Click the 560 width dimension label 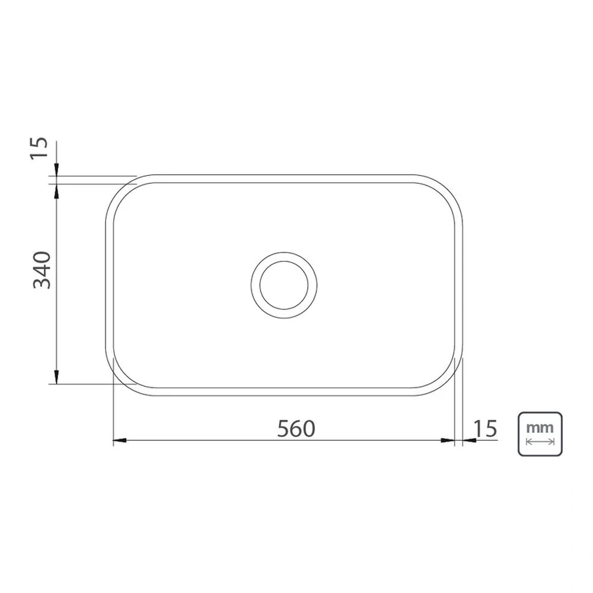tap(296, 429)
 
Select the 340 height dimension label tap(42, 270)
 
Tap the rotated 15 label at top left tap(39, 148)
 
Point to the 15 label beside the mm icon tap(485, 429)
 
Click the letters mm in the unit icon tap(540, 428)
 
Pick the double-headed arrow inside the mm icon tap(540, 441)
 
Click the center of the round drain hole tap(284, 285)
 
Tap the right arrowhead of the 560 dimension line tap(448, 440)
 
